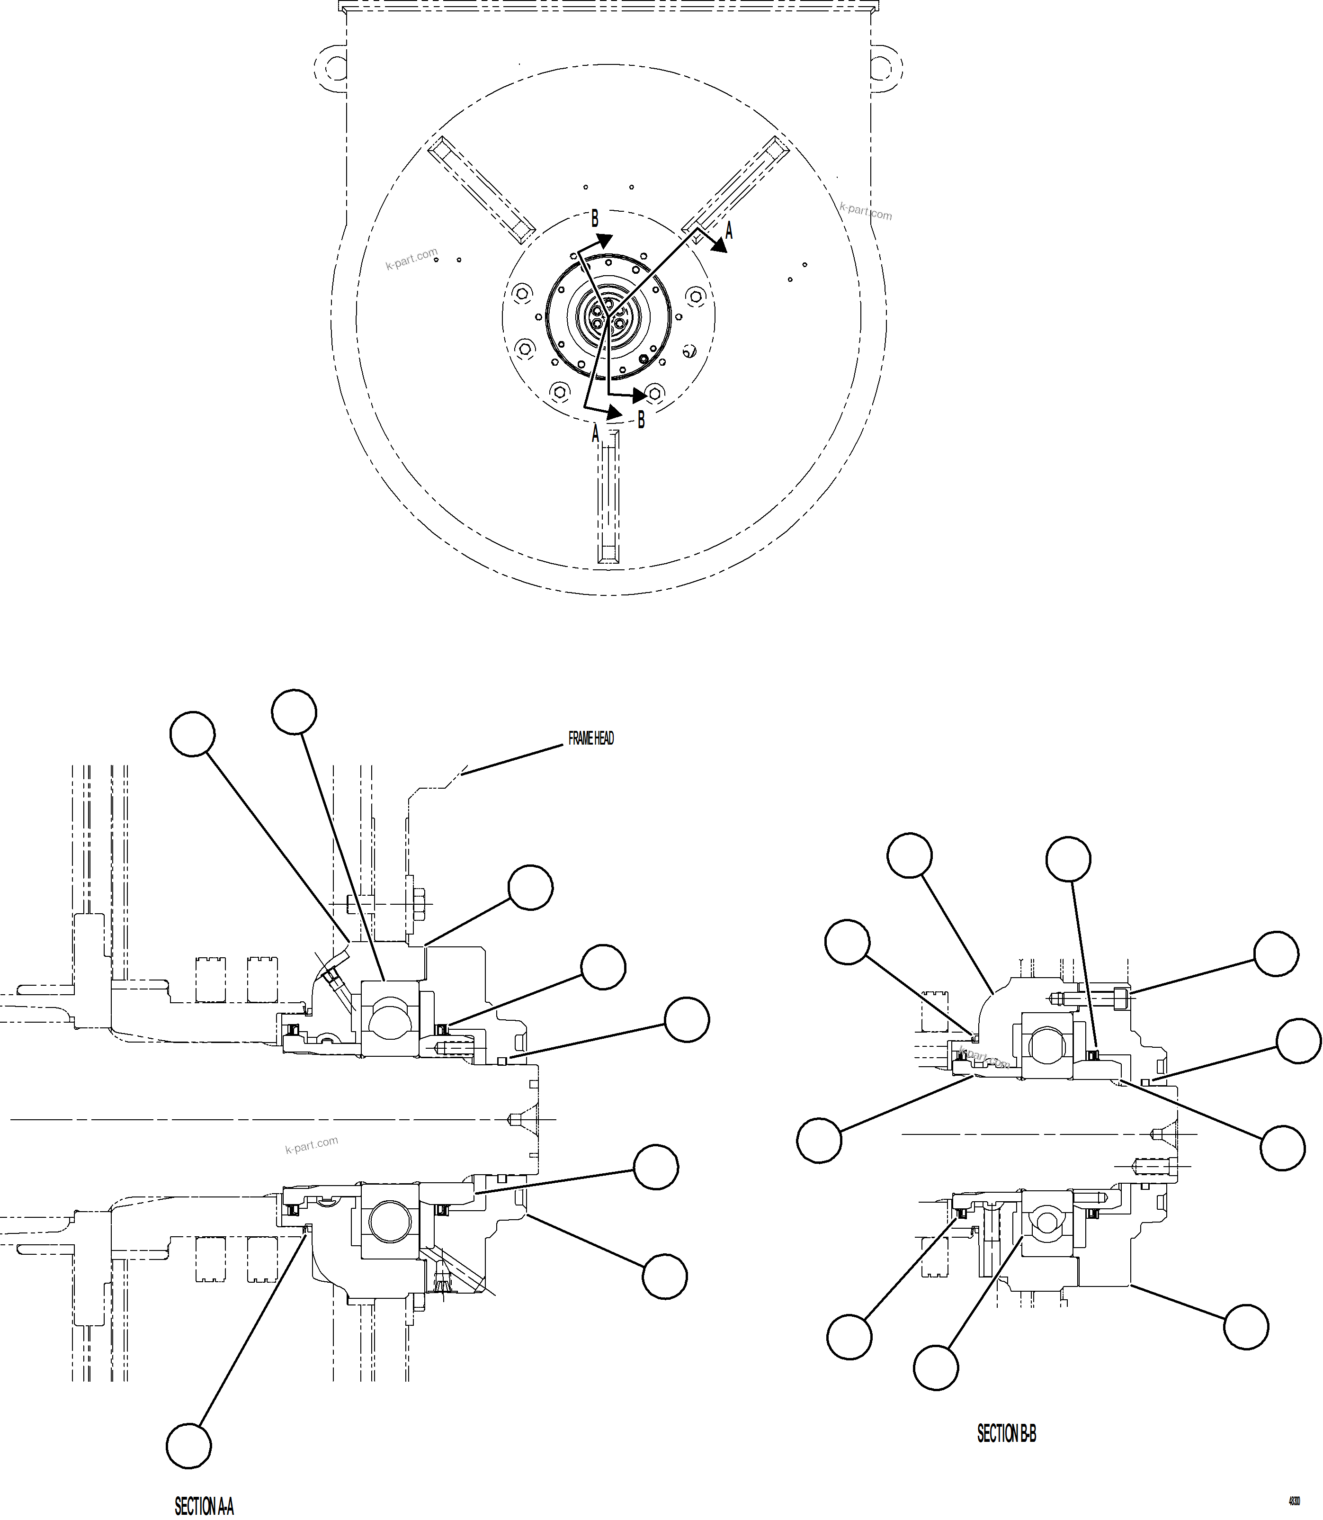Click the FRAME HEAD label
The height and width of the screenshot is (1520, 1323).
click(590, 738)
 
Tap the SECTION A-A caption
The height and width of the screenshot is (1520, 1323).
click(204, 1506)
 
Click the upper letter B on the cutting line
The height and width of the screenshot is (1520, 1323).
click(594, 219)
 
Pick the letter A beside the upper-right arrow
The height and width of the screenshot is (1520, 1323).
click(729, 231)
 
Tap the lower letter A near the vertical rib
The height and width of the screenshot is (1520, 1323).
click(595, 433)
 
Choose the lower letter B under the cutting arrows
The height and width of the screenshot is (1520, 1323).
click(641, 420)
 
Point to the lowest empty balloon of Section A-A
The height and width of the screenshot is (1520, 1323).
click(189, 1446)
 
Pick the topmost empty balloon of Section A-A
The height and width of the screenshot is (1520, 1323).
click(294, 712)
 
